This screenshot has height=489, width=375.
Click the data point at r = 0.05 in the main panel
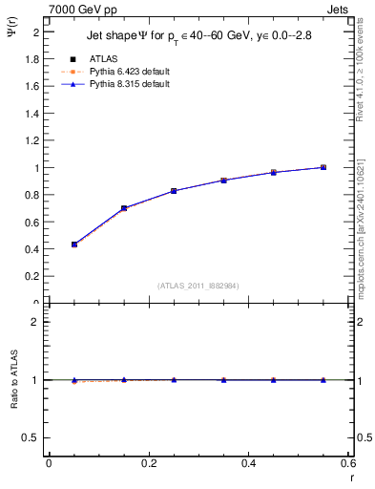tap(74, 244)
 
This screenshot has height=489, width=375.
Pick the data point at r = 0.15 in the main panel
tap(124, 208)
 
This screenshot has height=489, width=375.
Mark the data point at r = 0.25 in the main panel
tap(174, 191)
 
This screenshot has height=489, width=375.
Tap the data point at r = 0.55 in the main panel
tap(323, 167)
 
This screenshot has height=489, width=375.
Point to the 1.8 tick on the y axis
tap(31, 58)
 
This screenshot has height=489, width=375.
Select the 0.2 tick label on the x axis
tap(149, 463)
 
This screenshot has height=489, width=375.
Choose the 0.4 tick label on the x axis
tap(248, 463)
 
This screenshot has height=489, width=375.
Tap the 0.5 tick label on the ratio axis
tap(31, 437)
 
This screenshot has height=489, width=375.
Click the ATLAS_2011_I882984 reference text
tap(198, 285)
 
